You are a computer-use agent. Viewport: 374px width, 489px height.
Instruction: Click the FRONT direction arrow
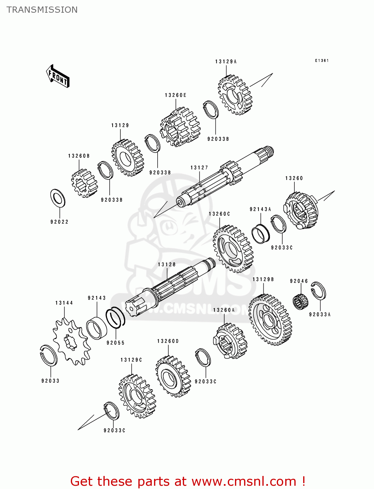[x=58, y=76]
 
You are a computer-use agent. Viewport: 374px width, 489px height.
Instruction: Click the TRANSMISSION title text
[x=42, y=10]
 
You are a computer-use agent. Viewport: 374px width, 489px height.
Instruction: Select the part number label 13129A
[x=226, y=62]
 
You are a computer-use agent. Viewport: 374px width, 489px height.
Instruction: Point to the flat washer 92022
[x=58, y=198]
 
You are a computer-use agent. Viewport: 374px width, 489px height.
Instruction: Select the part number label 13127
[x=199, y=168]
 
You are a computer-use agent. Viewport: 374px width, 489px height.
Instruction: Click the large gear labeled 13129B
[x=270, y=320]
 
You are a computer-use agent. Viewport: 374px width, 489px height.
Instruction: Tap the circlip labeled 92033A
[x=318, y=290]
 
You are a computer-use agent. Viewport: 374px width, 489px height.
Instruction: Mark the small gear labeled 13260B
[x=84, y=183]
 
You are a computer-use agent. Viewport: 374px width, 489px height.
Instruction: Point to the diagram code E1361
[x=322, y=61]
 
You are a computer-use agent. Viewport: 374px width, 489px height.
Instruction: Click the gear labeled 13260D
[x=173, y=377]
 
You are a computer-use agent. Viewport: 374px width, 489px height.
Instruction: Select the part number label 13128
[x=167, y=264]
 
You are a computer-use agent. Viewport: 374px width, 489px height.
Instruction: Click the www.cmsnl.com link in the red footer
[x=243, y=482]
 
